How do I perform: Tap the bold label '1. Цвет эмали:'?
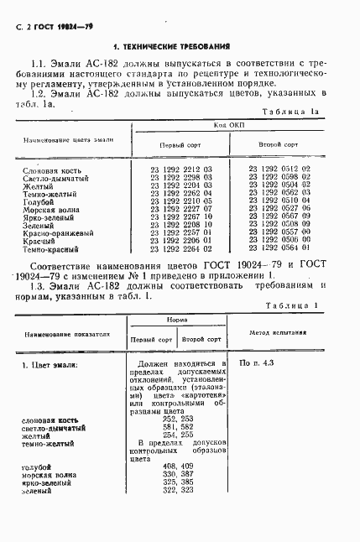[x=50, y=365]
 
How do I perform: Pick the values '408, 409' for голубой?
[x=176, y=465]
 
